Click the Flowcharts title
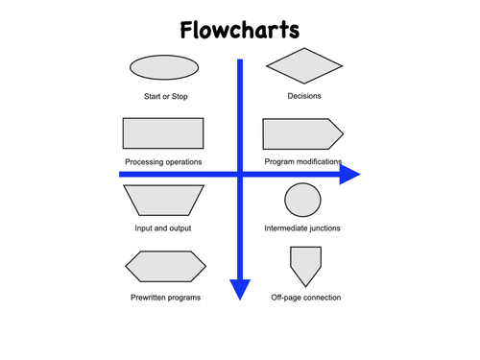tap(239, 31)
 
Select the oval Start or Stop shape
tap(163, 67)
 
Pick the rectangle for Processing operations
tap(163, 133)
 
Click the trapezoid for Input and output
tap(164, 200)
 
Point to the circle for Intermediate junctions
tap(302, 200)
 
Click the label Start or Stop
tap(164, 96)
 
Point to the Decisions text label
tap(304, 96)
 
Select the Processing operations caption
tap(163, 162)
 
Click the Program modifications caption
tap(302, 162)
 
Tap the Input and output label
tap(163, 228)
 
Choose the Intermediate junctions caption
tap(302, 228)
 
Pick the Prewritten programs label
tap(165, 298)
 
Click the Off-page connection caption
tap(306, 298)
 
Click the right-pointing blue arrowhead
tap(349, 174)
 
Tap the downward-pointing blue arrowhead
tap(240, 289)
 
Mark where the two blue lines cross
tap(240, 174)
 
